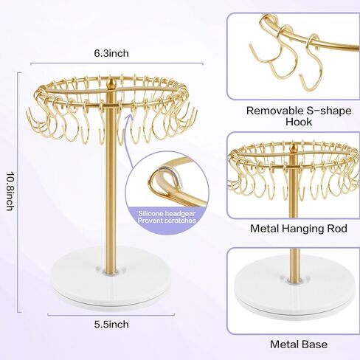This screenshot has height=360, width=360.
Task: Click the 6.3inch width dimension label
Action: pyautogui.click(x=111, y=53)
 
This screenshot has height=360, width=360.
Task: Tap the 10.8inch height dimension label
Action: pyautogui.click(x=10, y=191)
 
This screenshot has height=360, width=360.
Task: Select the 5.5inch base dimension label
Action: pyautogui.click(x=111, y=325)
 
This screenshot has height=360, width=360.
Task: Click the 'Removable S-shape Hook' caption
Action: pyautogui.click(x=299, y=116)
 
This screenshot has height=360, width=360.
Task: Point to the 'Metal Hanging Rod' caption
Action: pyautogui.click(x=299, y=229)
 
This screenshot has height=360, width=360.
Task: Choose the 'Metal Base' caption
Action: pyautogui.click(x=299, y=345)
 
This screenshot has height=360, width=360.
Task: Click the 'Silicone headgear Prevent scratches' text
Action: pyautogui.click(x=167, y=217)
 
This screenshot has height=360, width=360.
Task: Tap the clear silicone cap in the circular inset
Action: pyautogui.click(x=173, y=176)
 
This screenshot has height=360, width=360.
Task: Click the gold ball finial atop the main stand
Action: pyautogui.click(x=111, y=83)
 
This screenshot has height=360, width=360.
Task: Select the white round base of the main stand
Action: pyautogui.click(x=111, y=278)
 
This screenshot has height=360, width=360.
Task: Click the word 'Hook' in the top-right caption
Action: pyautogui.click(x=299, y=122)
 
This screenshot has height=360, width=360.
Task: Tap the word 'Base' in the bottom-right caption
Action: pyautogui.click(x=315, y=345)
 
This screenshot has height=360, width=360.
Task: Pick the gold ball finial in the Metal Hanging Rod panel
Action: pyautogui.click(x=292, y=148)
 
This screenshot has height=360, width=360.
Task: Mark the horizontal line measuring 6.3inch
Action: pyautogui.click(x=117, y=63)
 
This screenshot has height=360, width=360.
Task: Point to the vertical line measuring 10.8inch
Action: pyautogui.click(x=18, y=193)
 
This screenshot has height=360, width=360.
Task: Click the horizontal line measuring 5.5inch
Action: pyautogui.click(x=111, y=315)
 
